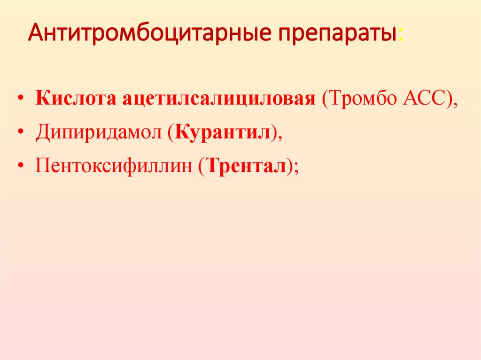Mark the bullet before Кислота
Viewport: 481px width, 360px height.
coord(22,100)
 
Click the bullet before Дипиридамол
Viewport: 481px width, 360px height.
coord(22,134)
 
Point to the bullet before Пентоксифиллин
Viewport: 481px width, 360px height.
coord(22,167)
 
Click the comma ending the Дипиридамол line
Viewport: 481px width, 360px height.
coord(281,138)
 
